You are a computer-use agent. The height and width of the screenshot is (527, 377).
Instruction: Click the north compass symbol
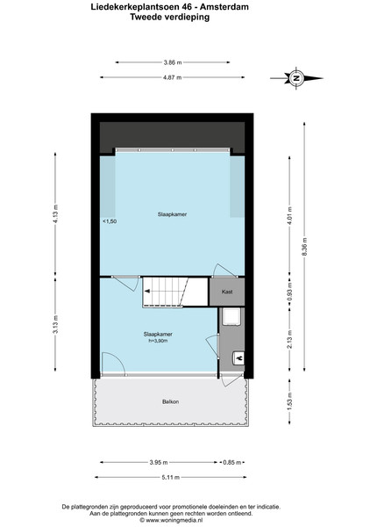point(296,78)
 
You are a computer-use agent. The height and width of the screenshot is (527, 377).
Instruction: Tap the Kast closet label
point(227,292)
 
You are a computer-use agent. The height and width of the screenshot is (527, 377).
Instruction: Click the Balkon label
point(170,401)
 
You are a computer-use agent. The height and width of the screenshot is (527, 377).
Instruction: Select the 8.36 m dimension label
point(304,246)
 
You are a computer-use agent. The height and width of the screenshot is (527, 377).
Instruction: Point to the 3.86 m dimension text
point(173,62)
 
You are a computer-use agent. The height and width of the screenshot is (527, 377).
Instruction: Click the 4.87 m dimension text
point(173,77)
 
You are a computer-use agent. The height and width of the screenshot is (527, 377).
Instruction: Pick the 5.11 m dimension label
point(170,477)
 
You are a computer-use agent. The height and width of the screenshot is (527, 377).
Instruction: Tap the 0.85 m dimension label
point(232,463)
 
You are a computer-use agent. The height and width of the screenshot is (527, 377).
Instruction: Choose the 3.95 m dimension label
point(159,463)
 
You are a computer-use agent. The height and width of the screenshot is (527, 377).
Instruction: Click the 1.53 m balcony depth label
point(290,402)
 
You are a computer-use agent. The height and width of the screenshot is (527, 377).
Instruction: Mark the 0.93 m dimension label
point(290,292)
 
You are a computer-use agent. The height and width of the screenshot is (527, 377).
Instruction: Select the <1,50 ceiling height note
point(110,221)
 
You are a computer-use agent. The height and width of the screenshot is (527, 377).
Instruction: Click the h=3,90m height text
point(158,341)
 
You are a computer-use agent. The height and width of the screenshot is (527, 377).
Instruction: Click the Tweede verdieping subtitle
point(170,18)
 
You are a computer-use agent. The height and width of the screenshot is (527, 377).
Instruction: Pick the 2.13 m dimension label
point(290,339)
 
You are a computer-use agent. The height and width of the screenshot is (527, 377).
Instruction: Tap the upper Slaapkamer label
point(172,214)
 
